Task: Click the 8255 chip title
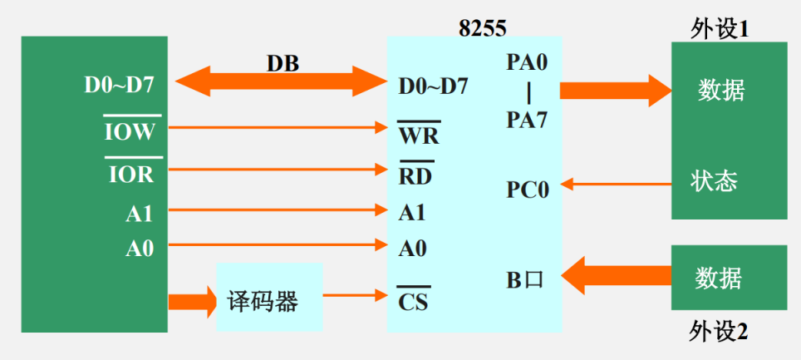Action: tap(483, 27)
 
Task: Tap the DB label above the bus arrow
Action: tap(283, 62)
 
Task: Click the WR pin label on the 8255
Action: tap(419, 133)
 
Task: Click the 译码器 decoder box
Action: tap(269, 298)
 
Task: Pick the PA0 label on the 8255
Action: tap(527, 62)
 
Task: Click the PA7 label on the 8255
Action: tap(527, 121)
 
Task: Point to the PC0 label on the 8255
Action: tap(528, 189)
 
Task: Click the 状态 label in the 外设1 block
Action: tap(714, 181)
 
